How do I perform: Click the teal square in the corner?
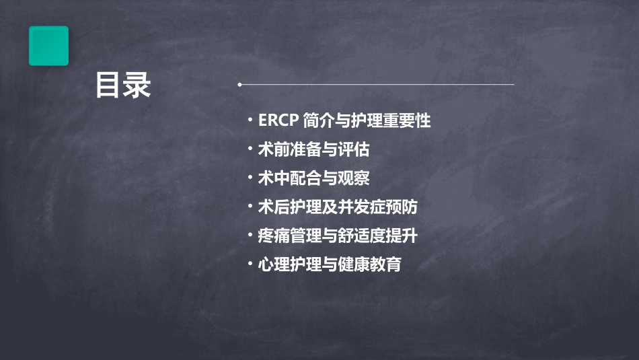click(48, 46)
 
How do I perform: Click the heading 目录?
click(123, 85)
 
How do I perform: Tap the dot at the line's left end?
click(239, 84)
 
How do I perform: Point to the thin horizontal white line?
click(376, 84)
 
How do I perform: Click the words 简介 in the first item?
click(319, 120)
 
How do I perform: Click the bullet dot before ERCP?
click(250, 120)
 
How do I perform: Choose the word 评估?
click(354, 149)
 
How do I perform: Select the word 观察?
click(354, 178)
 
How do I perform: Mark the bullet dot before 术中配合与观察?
click(250, 178)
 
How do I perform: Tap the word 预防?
click(402, 207)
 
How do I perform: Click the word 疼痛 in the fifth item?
click(274, 236)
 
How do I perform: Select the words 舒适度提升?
click(378, 236)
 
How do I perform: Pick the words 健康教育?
click(370, 264)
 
